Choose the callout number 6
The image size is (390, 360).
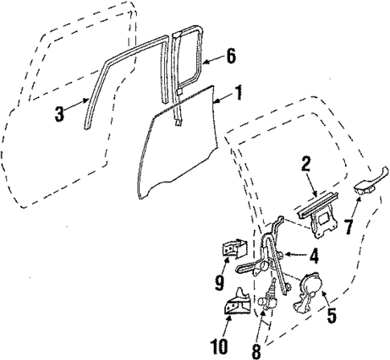pyautogui.click(x=231, y=57)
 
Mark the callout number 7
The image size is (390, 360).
pyautogui.click(x=348, y=227)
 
